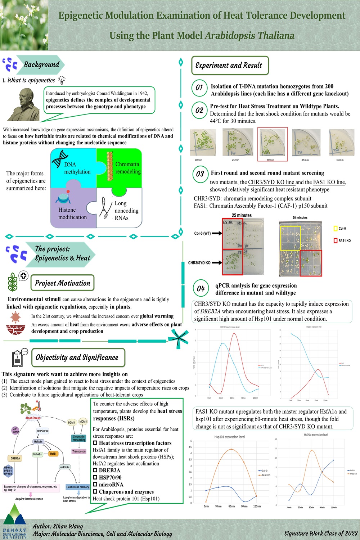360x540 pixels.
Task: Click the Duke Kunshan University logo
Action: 14,521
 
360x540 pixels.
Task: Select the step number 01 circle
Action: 199,87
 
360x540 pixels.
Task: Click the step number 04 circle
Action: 201,288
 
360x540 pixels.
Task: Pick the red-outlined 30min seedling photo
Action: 273,144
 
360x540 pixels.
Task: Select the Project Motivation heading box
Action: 63,283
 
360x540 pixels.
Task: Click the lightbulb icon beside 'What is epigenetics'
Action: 62,80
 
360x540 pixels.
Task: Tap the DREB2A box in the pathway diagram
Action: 15,458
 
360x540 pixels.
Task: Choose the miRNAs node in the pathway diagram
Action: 65,467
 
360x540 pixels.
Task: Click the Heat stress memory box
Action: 77,487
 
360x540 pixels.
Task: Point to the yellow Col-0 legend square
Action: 336,229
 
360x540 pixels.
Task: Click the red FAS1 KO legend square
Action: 336,240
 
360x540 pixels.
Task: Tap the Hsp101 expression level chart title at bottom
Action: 229,437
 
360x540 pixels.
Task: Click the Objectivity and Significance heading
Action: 77,357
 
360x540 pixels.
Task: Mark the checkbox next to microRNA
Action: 95,485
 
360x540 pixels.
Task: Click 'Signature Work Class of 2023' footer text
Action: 321,533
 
